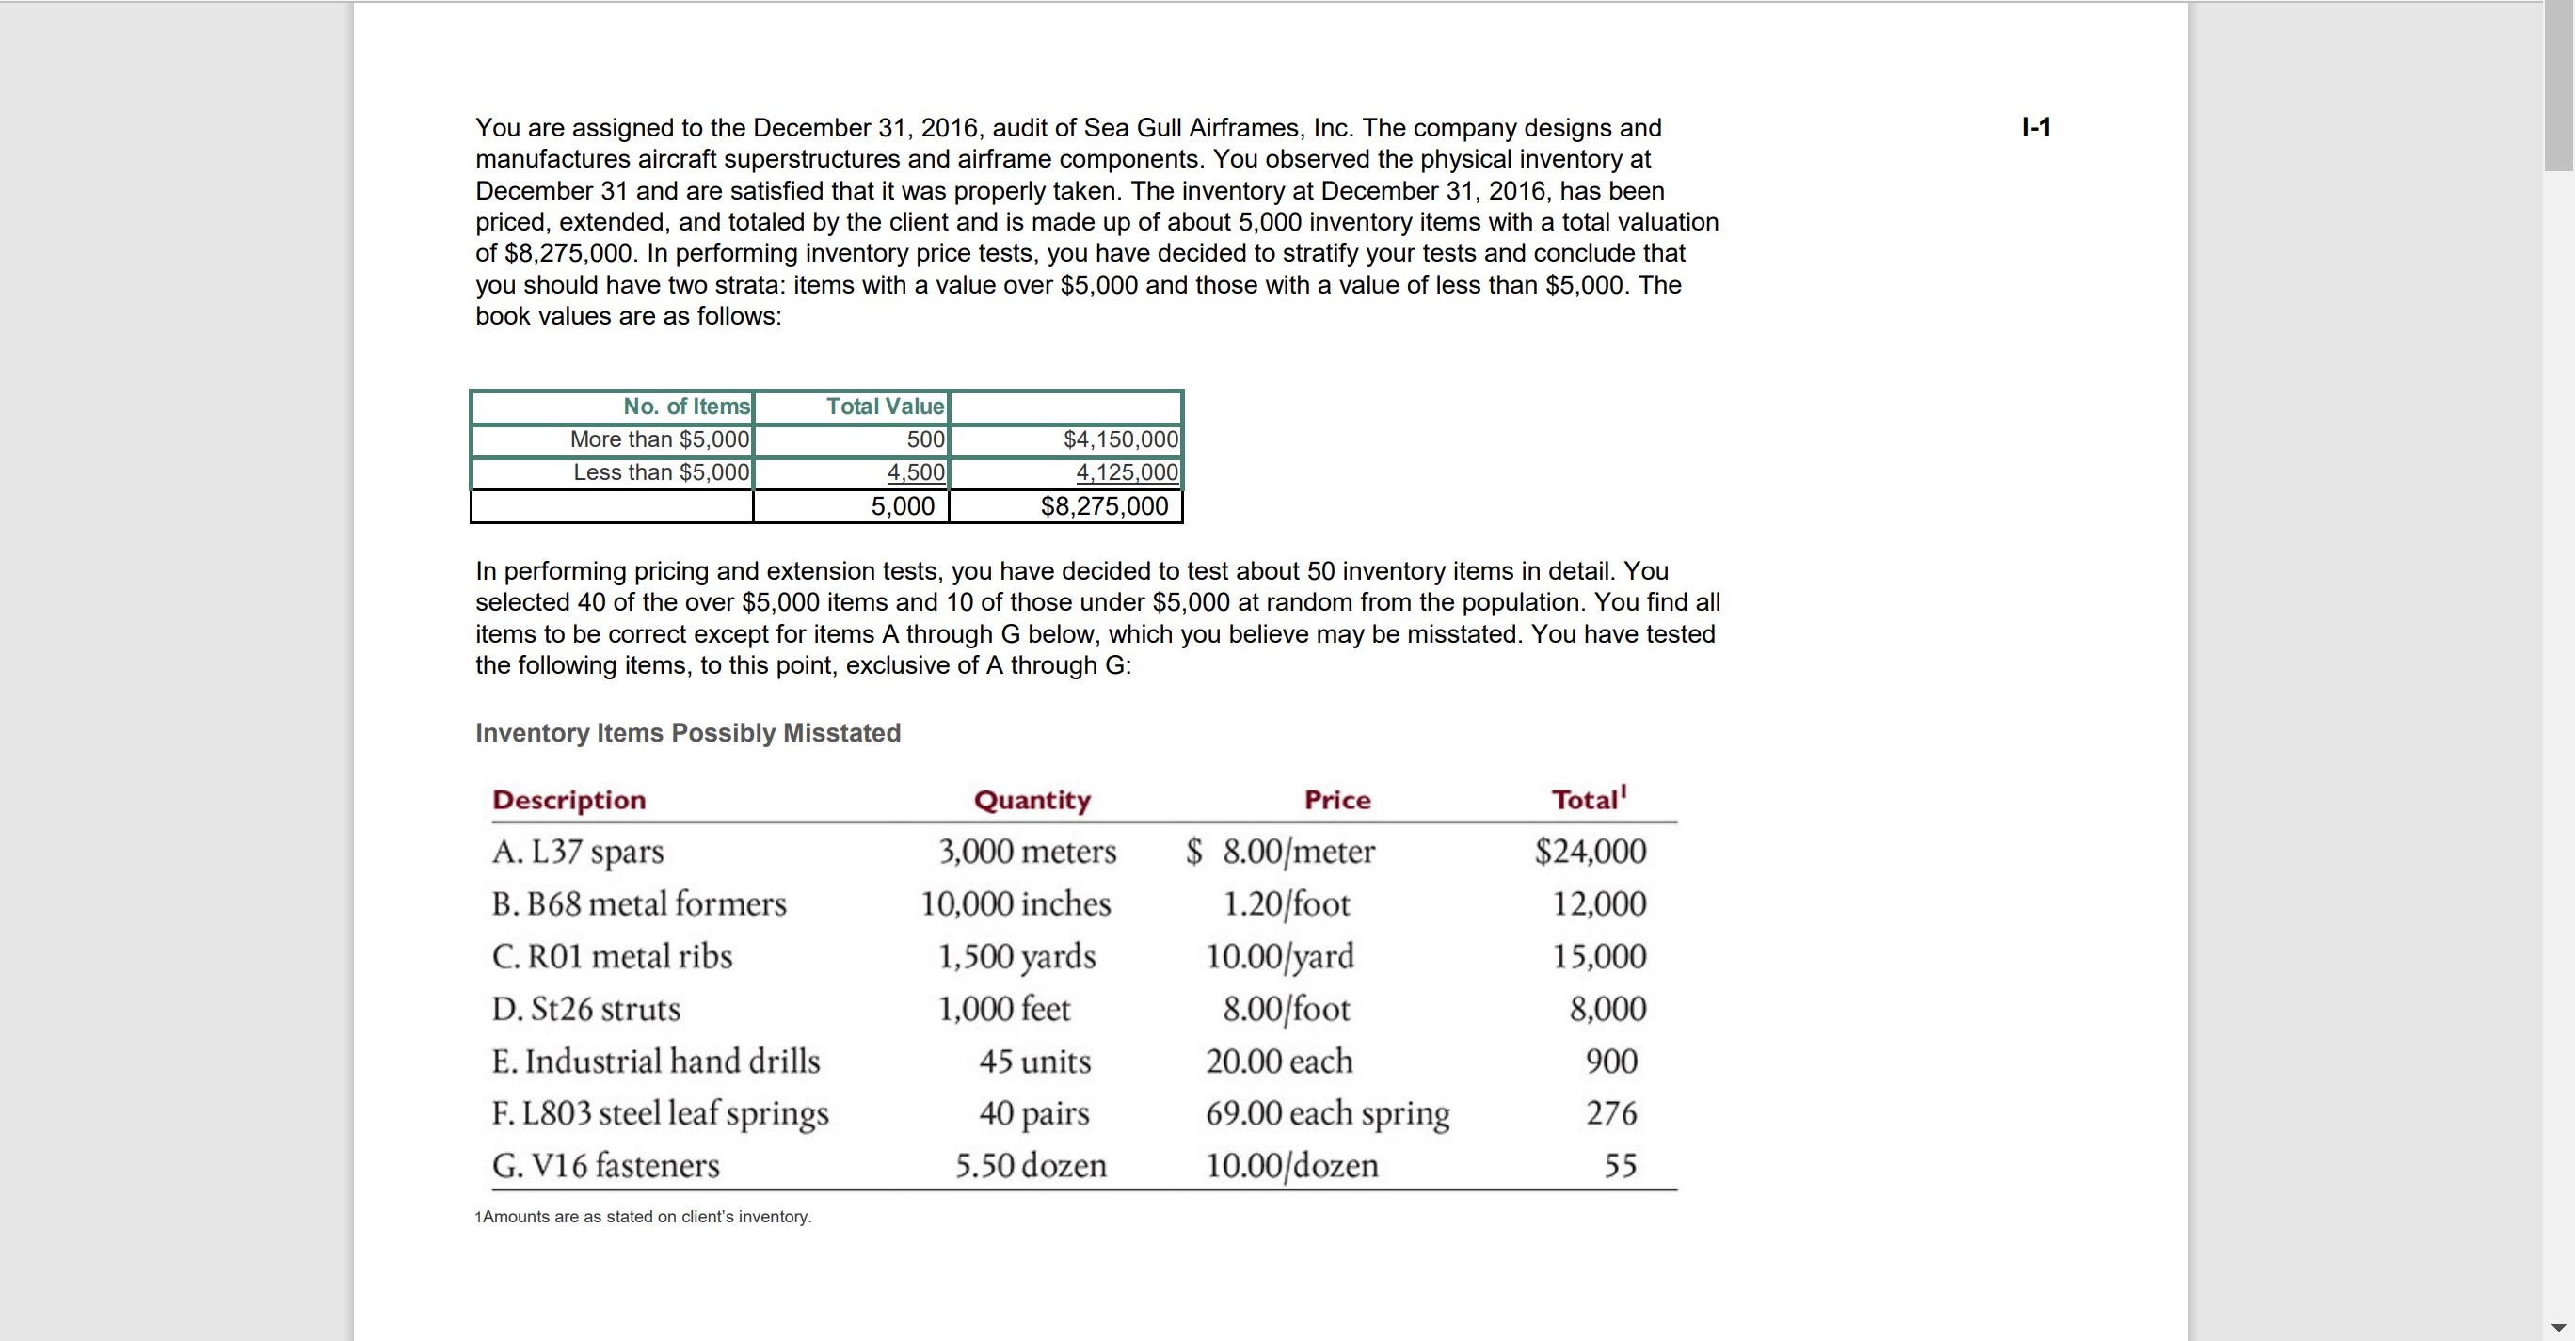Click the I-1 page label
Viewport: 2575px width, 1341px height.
(2035, 127)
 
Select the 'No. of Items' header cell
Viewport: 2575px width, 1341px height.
(686, 407)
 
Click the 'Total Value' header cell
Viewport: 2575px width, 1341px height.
(885, 407)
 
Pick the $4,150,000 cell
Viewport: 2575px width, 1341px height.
(1121, 439)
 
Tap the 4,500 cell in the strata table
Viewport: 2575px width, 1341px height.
(916, 472)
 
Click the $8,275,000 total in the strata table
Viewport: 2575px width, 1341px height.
(1104, 506)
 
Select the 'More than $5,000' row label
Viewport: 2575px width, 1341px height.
(660, 439)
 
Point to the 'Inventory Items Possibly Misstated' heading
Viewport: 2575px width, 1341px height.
(688, 732)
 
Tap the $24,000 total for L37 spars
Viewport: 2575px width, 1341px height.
(1591, 852)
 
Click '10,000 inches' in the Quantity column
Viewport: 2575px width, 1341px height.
(1016, 904)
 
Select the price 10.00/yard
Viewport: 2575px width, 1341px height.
(1280, 956)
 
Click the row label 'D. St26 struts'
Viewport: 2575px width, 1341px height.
(585, 1009)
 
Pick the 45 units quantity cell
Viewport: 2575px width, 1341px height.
(1034, 1062)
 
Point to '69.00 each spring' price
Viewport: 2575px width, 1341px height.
(1327, 1113)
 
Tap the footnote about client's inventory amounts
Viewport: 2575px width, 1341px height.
(644, 1217)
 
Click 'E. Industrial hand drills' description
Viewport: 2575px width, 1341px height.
(656, 1062)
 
